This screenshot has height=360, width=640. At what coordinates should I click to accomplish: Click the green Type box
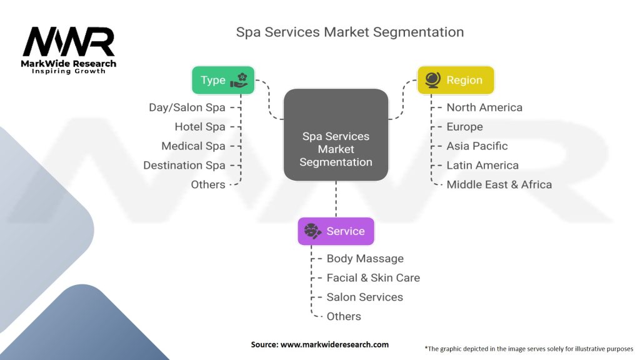click(x=223, y=80)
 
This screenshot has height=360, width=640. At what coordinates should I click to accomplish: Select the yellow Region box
click(x=456, y=80)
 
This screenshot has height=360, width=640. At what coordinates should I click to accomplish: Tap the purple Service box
click(x=336, y=231)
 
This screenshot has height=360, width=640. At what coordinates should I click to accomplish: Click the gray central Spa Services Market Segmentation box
click(x=336, y=135)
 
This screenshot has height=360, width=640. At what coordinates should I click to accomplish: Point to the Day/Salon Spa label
click(x=187, y=107)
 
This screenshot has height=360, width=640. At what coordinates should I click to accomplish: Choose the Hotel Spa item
click(x=200, y=126)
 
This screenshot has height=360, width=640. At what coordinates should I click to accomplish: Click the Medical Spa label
click(x=194, y=146)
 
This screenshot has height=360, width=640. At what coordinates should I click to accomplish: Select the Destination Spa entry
click(x=184, y=165)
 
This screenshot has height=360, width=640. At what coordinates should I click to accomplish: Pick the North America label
click(x=484, y=107)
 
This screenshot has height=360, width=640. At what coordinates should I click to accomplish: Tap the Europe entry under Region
click(x=464, y=126)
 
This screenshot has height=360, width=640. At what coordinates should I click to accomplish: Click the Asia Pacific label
click(x=477, y=146)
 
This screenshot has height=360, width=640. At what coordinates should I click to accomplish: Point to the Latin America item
click(x=482, y=165)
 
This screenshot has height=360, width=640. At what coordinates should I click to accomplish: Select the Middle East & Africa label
click(x=499, y=184)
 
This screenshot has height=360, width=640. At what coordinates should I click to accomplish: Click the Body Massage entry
click(x=365, y=258)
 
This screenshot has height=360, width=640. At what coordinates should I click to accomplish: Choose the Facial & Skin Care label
click(x=373, y=277)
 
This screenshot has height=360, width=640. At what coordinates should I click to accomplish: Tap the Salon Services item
click(x=365, y=297)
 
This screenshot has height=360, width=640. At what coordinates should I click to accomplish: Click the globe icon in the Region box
click(x=432, y=80)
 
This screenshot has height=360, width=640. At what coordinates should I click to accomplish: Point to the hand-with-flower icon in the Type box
click(x=239, y=80)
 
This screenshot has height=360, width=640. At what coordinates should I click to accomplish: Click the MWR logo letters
click(x=69, y=42)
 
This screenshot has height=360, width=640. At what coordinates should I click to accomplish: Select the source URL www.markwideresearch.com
click(x=335, y=344)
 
